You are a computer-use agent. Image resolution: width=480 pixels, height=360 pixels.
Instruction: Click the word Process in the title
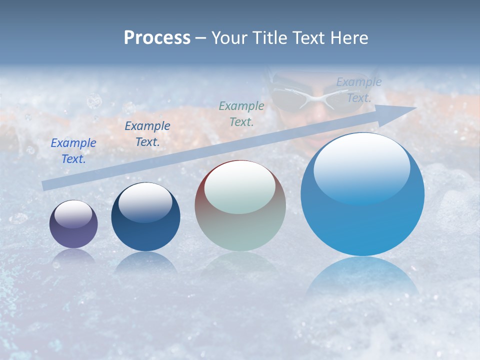pos(157,38)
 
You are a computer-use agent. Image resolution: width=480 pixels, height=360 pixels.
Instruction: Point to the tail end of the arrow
pos(44,185)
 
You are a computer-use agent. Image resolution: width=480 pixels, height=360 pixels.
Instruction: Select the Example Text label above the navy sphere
pos(147,134)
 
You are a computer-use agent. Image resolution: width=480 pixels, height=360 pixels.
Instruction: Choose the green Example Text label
pos(241,113)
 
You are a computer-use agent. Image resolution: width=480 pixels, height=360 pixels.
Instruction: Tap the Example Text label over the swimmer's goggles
pos(358,90)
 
